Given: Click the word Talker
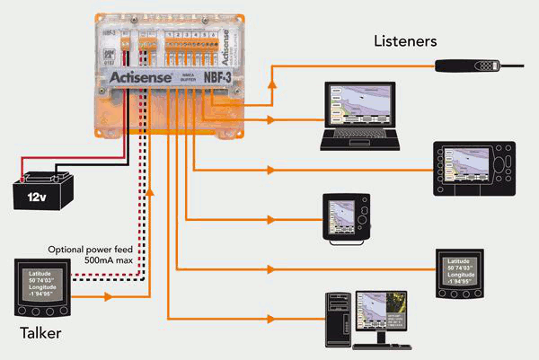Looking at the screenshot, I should [x=45, y=335].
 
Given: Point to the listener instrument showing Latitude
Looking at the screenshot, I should [x=462, y=273].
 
